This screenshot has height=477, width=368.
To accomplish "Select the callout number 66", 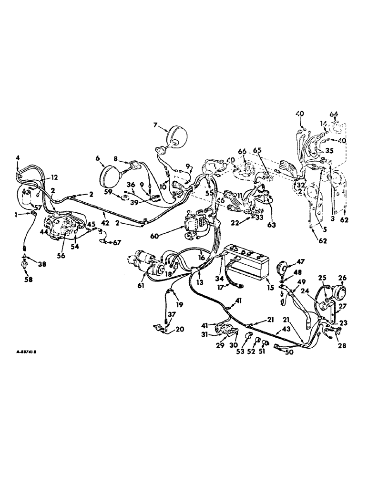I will pos(243,152).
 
